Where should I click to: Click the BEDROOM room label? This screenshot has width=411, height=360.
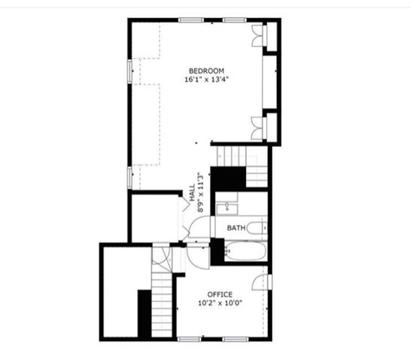click(x=206, y=70)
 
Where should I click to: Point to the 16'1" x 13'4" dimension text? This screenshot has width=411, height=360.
click(x=207, y=79)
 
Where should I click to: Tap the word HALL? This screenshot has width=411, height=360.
click(x=193, y=193)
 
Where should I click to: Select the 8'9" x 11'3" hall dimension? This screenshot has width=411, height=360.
click(x=200, y=192)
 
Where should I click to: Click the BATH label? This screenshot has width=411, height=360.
click(x=236, y=228)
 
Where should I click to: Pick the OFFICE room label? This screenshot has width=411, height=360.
click(x=220, y=294)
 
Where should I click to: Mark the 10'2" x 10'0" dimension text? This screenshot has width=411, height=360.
click(x=220, y=303)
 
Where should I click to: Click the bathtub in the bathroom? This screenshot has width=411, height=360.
click(x=245, y=251)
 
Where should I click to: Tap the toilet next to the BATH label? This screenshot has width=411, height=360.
click(x=256, y=228)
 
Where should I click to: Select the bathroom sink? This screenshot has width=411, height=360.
click(x=227, y=209)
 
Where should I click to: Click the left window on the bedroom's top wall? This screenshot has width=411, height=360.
click(x=191, y=20)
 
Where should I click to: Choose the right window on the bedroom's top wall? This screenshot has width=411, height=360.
click(x=235, y=20)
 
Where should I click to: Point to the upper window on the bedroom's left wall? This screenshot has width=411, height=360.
click(x=130, y=71)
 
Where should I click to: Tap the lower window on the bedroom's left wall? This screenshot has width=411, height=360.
click(x=130, y=178)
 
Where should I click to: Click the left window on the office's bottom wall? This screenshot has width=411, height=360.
click(x=189, y=339)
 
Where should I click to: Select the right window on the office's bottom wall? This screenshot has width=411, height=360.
click(x=235, y=339)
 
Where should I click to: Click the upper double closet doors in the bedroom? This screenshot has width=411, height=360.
click(x=257, y=36)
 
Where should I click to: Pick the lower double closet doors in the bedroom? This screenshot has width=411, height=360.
click(x=256, y=128)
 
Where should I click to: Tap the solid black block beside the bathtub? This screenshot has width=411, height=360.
click(x=217, y=252)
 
